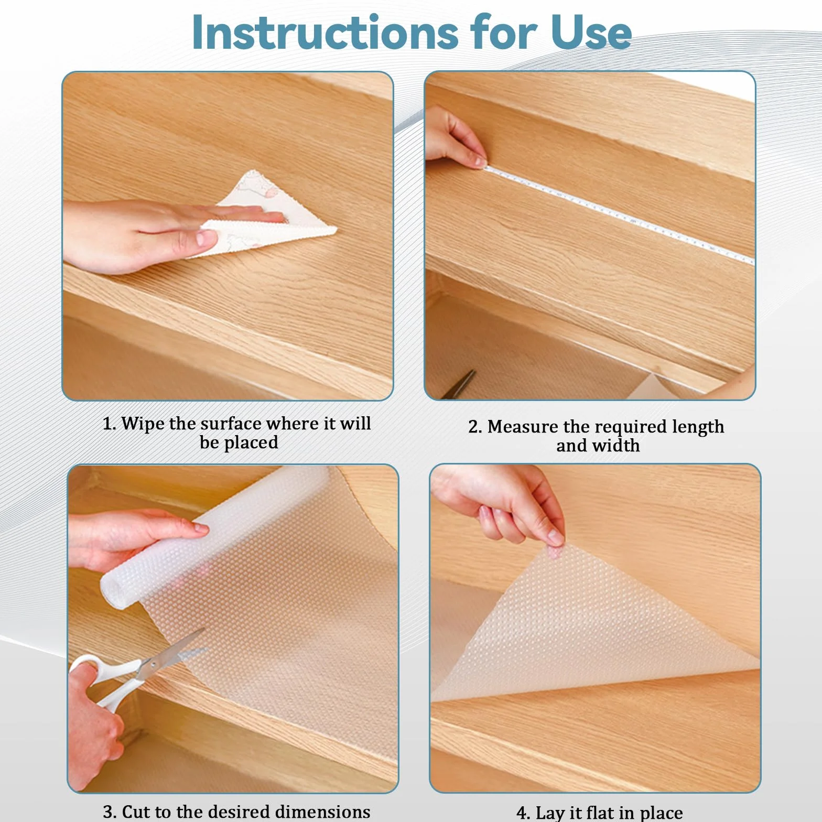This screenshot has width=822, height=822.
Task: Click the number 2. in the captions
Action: pos(475,427)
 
